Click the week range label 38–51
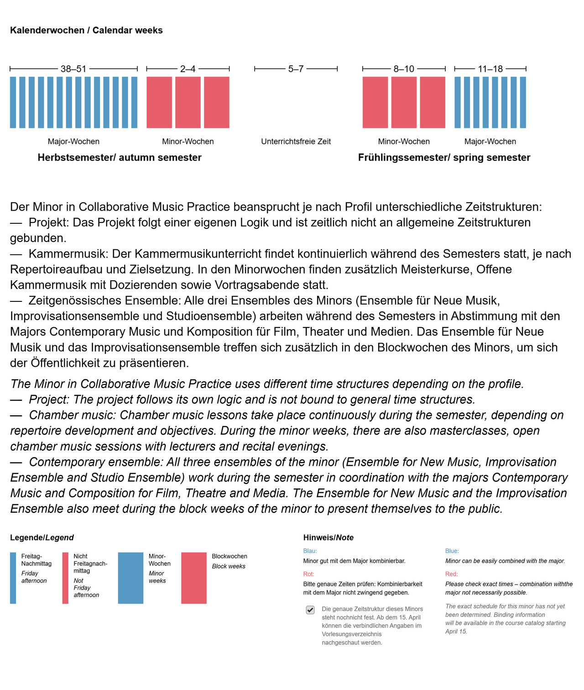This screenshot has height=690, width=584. pos(73,69)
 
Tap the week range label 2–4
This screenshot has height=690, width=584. pos(188,69)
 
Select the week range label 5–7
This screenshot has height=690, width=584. pos(296,69)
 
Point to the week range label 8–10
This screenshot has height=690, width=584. pos(404,69)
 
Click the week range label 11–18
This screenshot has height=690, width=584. pos(490,69)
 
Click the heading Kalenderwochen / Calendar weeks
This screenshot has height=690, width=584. pos(86,31)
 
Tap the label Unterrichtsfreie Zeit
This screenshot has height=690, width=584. pos(296,142)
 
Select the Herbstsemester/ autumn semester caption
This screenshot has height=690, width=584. pos(120,158)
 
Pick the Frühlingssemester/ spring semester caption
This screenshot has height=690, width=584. pos(444,158)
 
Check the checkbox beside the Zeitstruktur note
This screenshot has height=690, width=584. pos(310,610)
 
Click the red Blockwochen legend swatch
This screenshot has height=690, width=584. pos(194,578)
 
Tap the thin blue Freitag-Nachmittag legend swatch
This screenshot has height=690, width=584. pos(13,578)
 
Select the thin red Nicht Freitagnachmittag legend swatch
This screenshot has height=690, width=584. pos(65,578)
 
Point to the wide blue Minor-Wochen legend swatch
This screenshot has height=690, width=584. pos(130,578)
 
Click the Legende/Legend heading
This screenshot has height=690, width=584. pos(42,538)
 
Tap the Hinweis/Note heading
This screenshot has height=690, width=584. pos(328,538)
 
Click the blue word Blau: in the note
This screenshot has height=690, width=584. pos(310,551)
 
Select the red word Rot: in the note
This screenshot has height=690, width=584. pos(308,574)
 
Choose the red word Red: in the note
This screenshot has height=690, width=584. pos(451,574)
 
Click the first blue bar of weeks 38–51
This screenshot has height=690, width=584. pos(13,102)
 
